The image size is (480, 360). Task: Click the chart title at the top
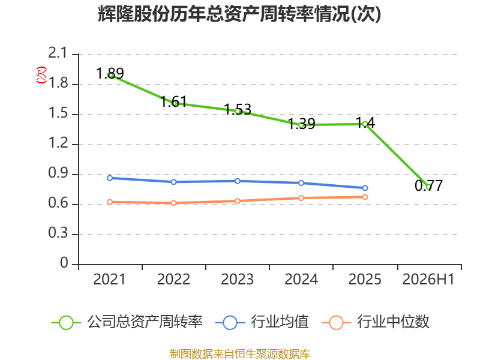click(239, 14)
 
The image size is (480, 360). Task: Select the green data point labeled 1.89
click(110, 75)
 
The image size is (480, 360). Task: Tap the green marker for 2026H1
click(429, 187)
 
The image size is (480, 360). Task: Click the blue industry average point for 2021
click(110, 178)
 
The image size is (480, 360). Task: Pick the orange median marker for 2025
click(365, 197)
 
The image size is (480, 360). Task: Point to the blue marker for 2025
click(365, 188)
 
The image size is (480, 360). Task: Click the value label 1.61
click(173, 101)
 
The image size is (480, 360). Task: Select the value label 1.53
click(238, 109)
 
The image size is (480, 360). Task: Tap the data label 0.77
click(428, 185)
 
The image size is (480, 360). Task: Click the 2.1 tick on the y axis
click(58, 53)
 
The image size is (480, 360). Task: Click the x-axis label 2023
click(237, 280)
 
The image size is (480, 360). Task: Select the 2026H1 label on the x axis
click(428, 280)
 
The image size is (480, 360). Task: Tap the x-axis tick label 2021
click(109, 280)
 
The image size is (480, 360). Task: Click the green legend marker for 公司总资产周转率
click(66, 323)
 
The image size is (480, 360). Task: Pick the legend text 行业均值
click(280, 322)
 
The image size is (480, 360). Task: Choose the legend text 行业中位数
click(394, 322)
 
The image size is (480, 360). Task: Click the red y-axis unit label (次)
click(41, 75)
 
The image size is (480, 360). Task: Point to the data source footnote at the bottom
click(240, 354)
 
